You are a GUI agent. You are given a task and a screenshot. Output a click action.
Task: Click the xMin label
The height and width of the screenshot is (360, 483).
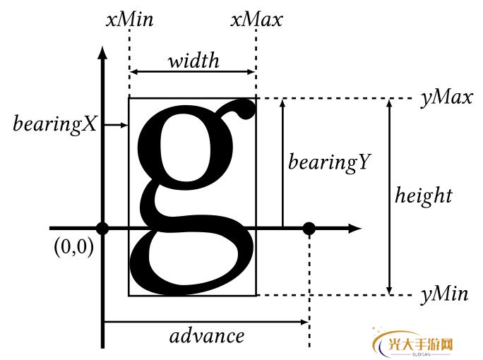coord(129,19)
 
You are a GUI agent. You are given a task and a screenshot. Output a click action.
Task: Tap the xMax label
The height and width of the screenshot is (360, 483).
coord(256,19)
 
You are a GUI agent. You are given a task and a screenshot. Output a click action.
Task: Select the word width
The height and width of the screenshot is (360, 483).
coord(193,61)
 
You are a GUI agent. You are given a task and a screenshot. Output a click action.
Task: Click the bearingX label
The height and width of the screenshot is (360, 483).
coord(55,124)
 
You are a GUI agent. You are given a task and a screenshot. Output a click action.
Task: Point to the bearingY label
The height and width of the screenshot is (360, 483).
coord(328,162)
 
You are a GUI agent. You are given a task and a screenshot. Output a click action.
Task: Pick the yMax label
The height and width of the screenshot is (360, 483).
coord(446,98)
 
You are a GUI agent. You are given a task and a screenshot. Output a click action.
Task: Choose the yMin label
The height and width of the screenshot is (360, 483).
coord(444,295)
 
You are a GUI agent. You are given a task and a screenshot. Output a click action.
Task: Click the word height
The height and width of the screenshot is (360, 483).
coord(423,195)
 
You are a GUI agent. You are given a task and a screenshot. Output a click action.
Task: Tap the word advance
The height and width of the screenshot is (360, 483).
coord(207,335)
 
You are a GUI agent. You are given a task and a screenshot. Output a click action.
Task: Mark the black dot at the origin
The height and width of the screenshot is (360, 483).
coord(103,228)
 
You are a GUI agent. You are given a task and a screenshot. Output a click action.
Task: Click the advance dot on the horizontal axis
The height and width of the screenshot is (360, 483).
coord(309,228)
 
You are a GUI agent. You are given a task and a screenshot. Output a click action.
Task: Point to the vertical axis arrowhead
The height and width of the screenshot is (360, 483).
coord(103,54)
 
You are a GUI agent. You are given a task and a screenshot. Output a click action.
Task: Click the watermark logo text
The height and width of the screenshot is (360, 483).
coord(419,344)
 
